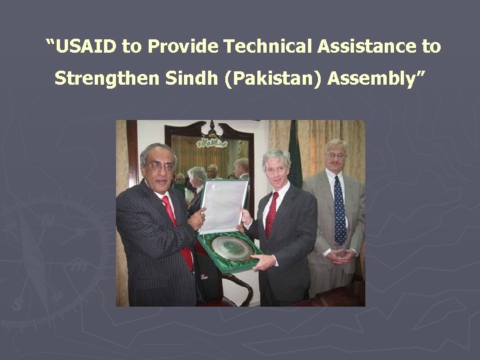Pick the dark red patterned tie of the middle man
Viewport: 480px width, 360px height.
pyautogui.click(x=271, y=215)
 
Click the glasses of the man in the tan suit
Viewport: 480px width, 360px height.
pyautogui.click(x=335, y=155)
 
